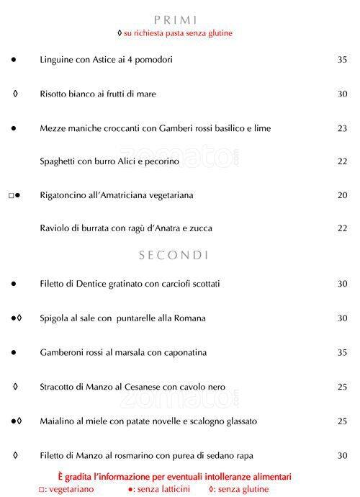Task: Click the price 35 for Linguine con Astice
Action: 342,60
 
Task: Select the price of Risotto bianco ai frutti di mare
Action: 342,94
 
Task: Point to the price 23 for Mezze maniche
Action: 342,128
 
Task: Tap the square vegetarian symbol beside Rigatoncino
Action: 11,195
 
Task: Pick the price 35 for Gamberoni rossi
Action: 342,352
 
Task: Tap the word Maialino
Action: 58,421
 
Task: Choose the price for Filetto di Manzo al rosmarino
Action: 342,455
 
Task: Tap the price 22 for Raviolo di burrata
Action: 342,228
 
